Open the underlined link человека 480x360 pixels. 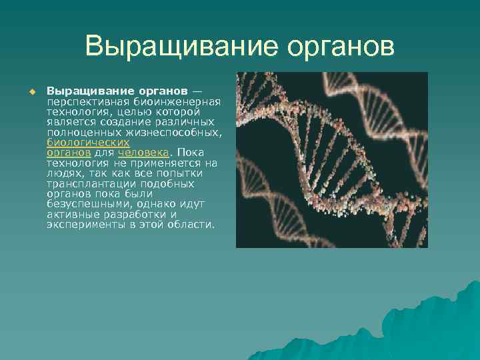139,153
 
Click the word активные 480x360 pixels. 71,215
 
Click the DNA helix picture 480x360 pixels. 331,160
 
